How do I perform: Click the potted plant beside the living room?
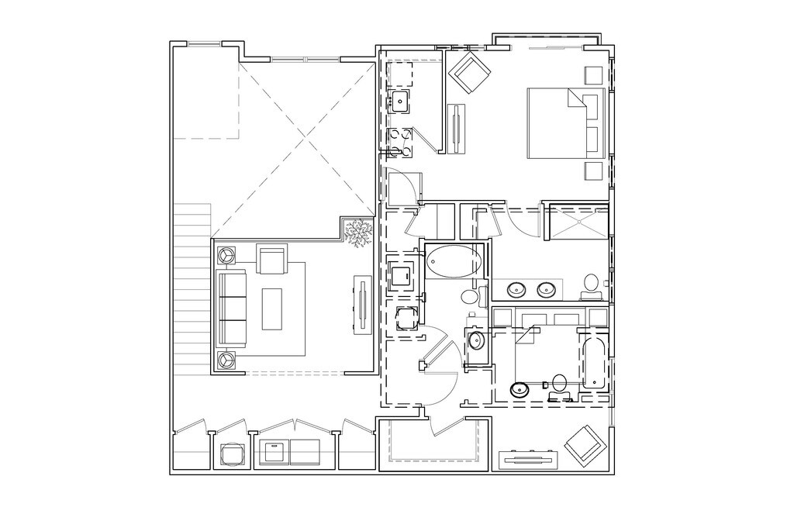(358, 233)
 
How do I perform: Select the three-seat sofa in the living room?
(232, 307)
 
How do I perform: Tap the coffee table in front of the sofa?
(272, 308)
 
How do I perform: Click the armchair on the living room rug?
(271, 260)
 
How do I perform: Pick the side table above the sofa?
(226, 254)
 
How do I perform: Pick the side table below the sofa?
(226, 360)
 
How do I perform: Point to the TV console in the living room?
(361, 305)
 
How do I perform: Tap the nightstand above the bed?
(594, 75)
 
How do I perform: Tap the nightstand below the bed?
(594, 171)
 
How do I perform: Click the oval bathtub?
(454, 261)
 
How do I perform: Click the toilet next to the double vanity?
(591, 281)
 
